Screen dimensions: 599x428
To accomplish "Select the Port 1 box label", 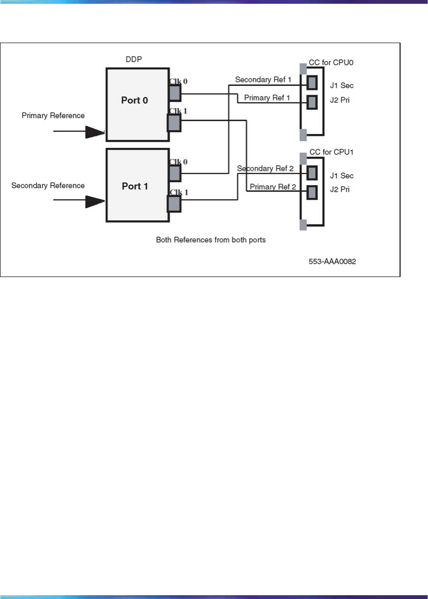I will click(x=135, y=186).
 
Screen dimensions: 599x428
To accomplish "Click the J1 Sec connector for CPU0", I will click(x=312, y=83).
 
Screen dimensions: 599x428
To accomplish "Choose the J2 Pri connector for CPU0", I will click(x=312, y=102).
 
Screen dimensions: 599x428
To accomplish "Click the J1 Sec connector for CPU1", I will click(x=312, y=173).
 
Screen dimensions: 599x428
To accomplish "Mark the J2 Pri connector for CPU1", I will click(x=312, y=191).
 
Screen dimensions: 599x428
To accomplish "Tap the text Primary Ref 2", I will click(x=273, y=187).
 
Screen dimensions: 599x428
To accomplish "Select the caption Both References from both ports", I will click(x=211, y=240).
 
